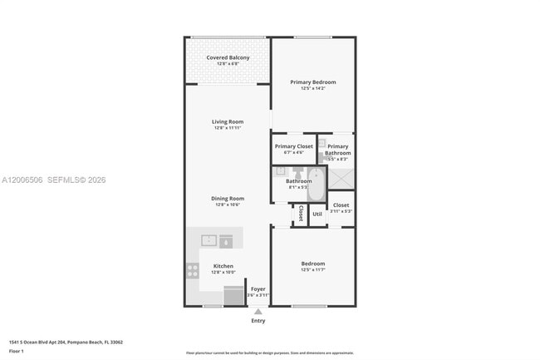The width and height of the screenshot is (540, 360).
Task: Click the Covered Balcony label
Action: point(228,57)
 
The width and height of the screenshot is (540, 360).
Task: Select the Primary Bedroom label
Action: point(312,81)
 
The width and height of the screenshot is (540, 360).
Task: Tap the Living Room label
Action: point(227,122)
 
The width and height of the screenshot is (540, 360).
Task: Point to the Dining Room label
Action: point(227,199)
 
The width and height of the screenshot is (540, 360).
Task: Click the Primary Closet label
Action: point(293,146)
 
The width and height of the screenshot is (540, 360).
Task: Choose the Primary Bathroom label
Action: point(338,150)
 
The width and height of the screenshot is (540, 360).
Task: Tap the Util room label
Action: point(317,214)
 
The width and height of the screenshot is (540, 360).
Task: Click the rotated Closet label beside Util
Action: point(300,213)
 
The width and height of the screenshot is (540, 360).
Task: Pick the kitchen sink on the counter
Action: point(209,240)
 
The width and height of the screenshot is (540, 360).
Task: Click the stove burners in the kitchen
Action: point(193,270)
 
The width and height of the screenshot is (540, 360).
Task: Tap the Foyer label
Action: point(258,289)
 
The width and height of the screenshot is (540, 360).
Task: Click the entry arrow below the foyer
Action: point(258,312)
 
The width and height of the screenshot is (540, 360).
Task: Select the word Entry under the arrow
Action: point(258,321)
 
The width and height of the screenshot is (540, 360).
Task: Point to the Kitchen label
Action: point(223,266)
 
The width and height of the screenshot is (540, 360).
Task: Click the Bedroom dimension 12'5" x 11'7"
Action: point(312,269)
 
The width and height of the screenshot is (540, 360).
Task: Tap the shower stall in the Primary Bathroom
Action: point(340,178)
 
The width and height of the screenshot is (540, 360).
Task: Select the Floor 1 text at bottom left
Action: point(17,352)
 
